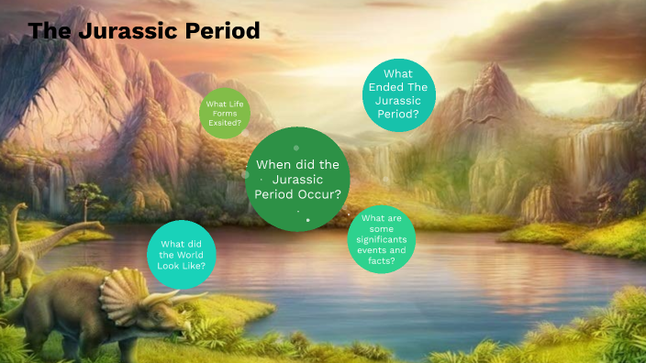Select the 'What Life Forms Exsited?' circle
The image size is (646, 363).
point(225,114)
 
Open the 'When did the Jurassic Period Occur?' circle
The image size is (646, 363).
point(299,179)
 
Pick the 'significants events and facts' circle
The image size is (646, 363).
point(383,239)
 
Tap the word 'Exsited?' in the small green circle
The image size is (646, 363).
point(225,121)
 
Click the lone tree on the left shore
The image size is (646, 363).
point(88,195)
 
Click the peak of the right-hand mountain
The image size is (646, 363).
point(492,66)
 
